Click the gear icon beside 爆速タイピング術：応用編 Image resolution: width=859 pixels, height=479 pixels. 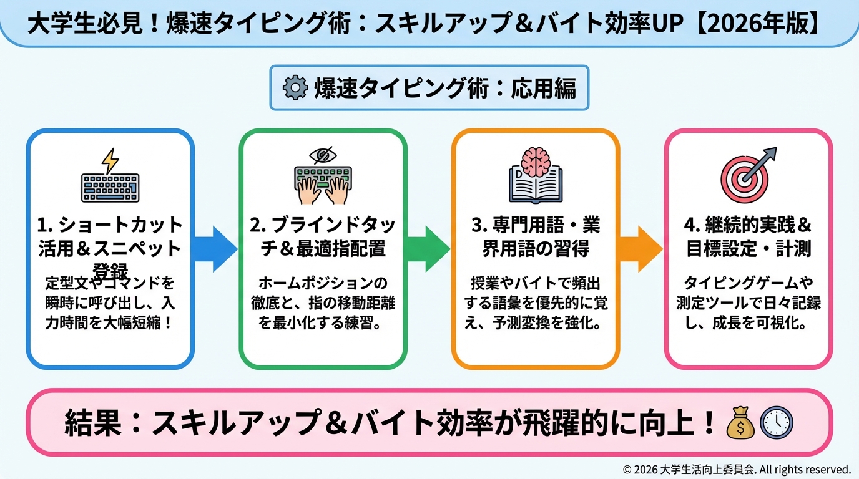[x=295, y=88]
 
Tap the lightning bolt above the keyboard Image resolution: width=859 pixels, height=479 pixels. [x=110, y=160]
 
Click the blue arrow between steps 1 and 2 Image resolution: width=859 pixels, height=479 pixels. [x=215, y=249]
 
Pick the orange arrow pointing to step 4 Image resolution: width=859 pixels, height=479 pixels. [x=641, y=249]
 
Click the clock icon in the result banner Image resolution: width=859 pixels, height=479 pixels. [x=776, y=422]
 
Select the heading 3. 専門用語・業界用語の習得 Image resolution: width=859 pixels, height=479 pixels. [x=535, y=237]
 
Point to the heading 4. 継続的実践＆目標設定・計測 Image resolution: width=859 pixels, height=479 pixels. [x=749, y=237]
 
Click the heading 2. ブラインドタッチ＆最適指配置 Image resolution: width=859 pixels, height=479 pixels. [x=323, y=237]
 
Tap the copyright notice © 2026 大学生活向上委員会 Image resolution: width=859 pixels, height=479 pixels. [x=737, y=469]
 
